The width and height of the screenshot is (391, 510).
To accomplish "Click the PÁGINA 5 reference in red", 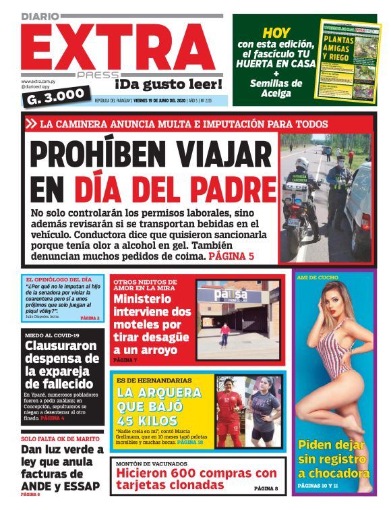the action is tap(231, 258).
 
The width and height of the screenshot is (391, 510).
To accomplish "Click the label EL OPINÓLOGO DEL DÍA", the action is tap(59, 279).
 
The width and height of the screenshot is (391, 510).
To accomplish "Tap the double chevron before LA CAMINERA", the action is tap(31, 124).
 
